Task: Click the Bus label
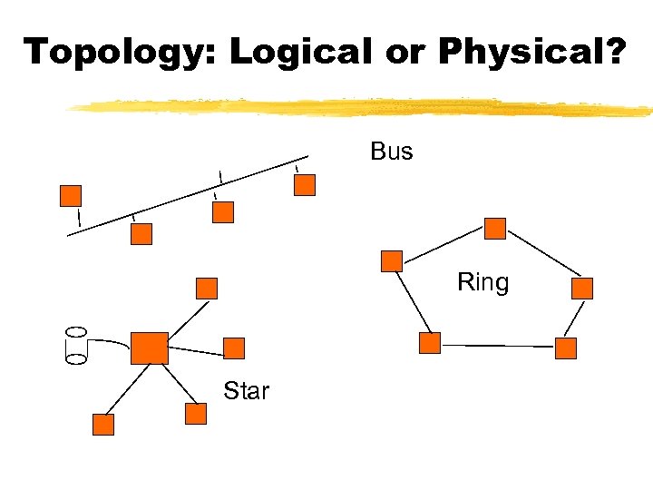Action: [x=391, y=152]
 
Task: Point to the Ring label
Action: [x=482, y=282]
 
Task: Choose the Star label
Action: [x=246, y=391]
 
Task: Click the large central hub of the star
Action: [x=150, y=348]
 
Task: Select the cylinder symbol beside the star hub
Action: [x=76, y=345]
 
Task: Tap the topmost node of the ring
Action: [x=495, y=228]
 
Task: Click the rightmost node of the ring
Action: [x=582, y=289]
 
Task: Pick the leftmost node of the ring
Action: [x=392, y=261]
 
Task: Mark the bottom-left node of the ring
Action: [x=430, y=343]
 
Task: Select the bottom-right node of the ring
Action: [x=566, y=348]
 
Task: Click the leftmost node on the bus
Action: [x=71, y=196]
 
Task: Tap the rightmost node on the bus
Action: [x=306, y=185]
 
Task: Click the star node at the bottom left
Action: [x=104, y=425]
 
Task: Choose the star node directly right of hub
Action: [x=234, y=348]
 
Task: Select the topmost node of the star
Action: [x=208, y=289]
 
